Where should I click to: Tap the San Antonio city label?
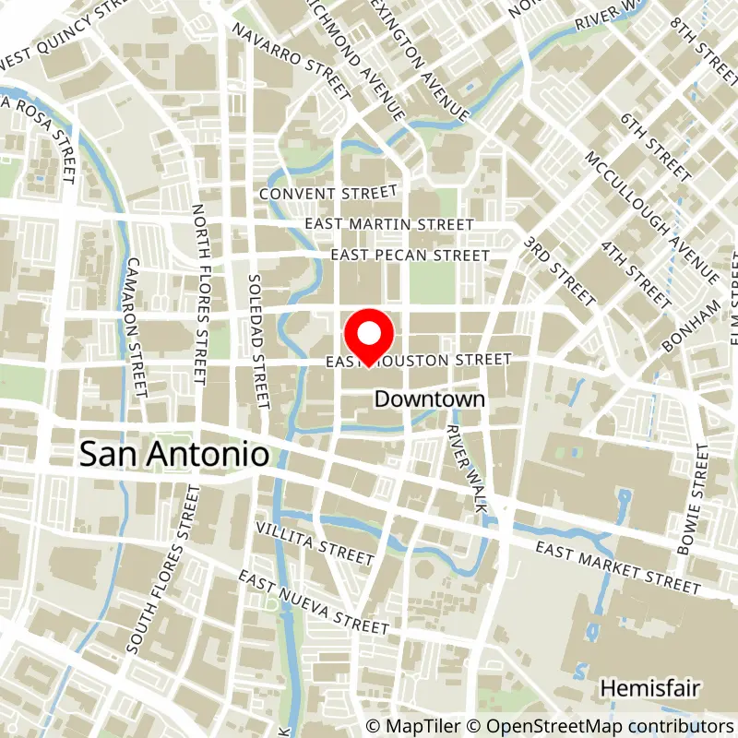coord(175,454)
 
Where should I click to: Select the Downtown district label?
coord(429,399)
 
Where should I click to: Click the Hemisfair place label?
coord(651,689)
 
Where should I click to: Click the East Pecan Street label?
coord(411,255)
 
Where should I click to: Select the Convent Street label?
coord(327,194)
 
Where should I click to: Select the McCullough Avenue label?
coord(651,217)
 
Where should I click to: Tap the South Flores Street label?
coord(165,571)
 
